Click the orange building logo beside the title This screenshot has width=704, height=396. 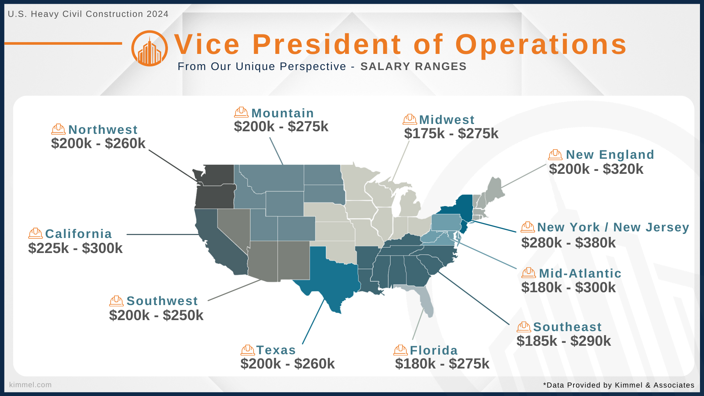[150, 48]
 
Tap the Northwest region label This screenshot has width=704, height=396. [103, 130]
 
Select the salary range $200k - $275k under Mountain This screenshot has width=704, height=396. [281, 127]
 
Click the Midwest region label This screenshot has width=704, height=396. [447, 120]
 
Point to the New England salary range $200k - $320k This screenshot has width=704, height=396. [596, 169]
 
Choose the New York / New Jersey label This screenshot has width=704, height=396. [613, 227]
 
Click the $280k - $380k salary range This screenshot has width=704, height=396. [569, 243]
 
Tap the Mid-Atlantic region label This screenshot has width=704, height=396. [580, 274]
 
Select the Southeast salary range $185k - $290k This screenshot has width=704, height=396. [564, 341]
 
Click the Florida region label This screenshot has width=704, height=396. [434, 351]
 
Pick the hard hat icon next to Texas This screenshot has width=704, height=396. [247, 350]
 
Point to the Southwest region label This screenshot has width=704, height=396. [162, 301]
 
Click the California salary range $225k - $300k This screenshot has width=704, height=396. [76, 249]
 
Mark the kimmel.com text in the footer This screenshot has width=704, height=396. [30, 385]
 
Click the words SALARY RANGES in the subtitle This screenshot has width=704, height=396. [413, 66]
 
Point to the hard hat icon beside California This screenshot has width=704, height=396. [36, 234]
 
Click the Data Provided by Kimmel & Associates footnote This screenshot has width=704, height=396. [619, 385]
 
